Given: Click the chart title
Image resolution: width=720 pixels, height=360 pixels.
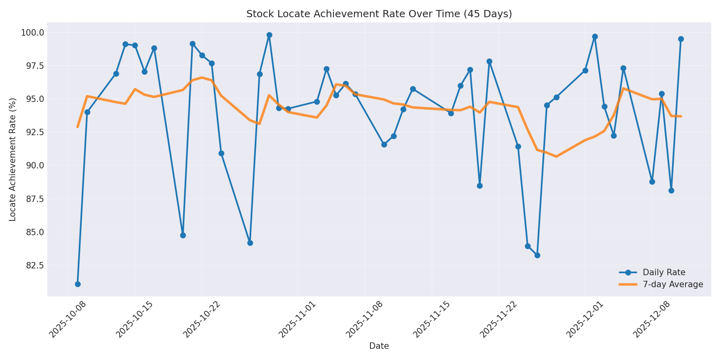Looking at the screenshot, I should click(x=379, y=14).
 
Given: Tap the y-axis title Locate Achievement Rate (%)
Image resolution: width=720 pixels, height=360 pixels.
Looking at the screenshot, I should click(x=13, y=159).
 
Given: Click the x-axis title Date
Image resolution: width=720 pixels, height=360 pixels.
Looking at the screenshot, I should click(x=379, y=346).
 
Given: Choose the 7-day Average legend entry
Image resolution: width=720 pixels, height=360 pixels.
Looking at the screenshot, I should click(x=673, y=284).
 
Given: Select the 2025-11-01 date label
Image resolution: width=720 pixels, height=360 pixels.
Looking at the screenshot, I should click(x=297, y=319).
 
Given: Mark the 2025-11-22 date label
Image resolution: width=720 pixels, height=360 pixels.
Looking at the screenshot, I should click(x=498, y=319).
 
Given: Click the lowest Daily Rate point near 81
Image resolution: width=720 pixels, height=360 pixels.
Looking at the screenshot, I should click(x=78, y=284).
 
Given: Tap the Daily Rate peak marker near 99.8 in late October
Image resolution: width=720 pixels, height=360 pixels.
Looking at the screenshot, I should click(x=269, y=35).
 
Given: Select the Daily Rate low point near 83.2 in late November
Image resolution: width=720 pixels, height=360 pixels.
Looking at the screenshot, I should click(x=537, y=255).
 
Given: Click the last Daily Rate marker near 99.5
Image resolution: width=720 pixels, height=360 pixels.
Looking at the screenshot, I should click(x=681, y=39).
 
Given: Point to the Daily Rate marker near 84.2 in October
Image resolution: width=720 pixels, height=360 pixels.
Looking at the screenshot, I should click(x=250, y=243).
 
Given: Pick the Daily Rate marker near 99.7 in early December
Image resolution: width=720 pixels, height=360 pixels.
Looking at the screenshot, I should click(x=595, y=36).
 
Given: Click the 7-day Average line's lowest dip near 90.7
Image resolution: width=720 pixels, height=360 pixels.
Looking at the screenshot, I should click(x=556, y=156).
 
